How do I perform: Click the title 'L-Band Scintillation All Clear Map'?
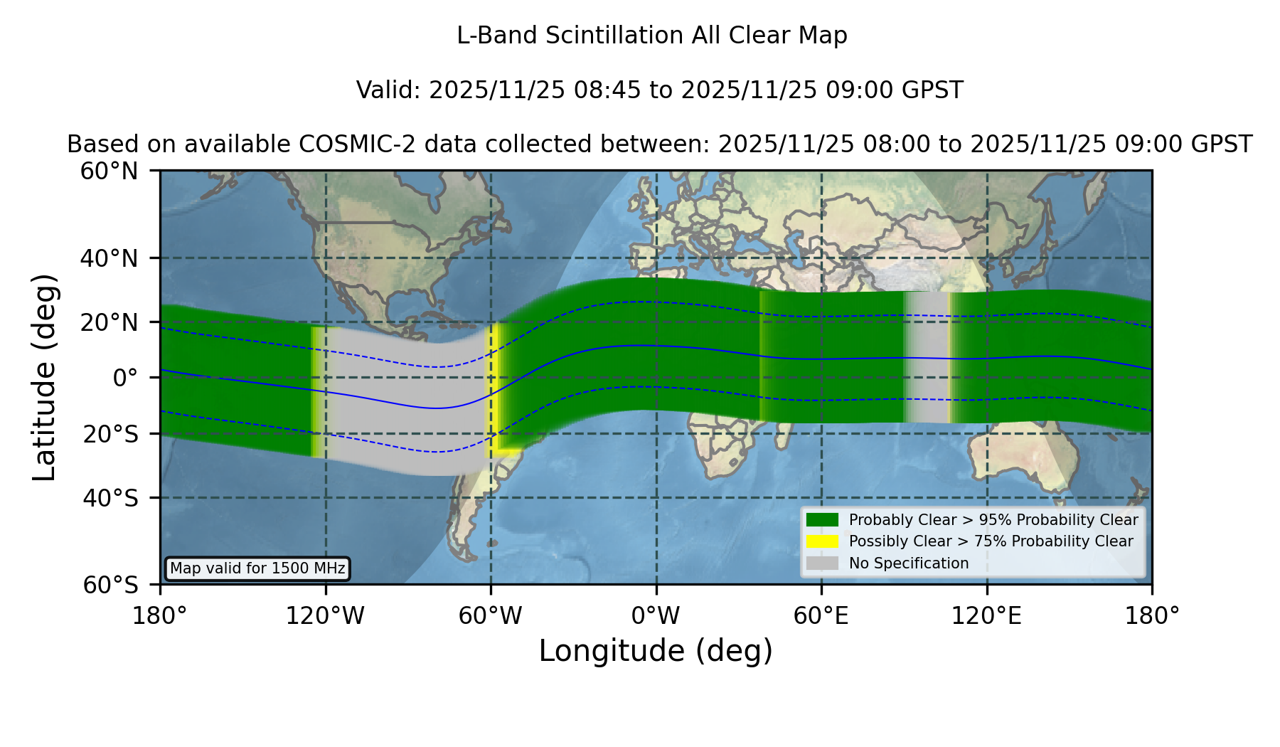coord(651,36)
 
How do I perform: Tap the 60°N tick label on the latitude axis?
coord(110,171)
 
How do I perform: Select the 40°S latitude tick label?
coord(111,498)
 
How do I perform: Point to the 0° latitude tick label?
coord(126,378)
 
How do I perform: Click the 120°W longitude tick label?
coord(325,616)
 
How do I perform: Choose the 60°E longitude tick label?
coord(821,616)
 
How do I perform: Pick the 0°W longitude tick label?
coord(656,616)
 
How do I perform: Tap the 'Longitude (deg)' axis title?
coord(656,651)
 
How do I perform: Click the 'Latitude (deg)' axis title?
coord(44,377)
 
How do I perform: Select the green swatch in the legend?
coord(823,519)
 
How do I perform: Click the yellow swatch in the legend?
coord(823,541)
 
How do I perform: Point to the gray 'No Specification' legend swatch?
coord(823,563)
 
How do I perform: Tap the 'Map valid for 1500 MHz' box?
coord(257,568)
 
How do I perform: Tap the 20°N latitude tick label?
coord(110,322)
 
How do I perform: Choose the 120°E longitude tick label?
coord(987,616)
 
